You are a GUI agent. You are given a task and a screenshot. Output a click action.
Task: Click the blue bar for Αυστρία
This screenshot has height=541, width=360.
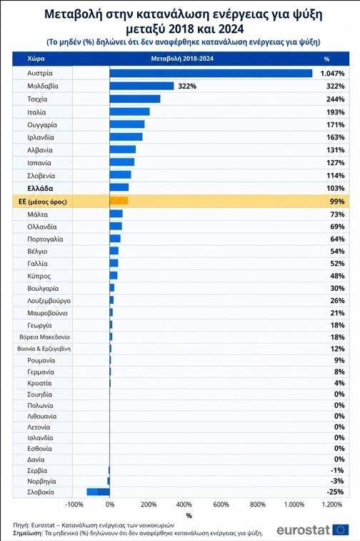coord(211,73)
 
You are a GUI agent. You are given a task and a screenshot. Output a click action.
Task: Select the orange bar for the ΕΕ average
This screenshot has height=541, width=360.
coord(119,201)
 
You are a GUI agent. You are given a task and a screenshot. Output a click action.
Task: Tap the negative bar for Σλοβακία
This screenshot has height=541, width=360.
coord(99,492)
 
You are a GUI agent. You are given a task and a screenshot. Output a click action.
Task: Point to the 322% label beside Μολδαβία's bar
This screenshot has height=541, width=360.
coord(187,86)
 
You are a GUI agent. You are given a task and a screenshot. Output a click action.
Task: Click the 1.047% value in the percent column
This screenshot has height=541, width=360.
coord(332,73)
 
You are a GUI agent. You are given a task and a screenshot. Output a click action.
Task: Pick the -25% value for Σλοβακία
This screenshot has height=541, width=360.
coord(336,492)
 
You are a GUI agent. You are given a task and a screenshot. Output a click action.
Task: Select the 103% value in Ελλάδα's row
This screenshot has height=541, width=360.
coord(336,189)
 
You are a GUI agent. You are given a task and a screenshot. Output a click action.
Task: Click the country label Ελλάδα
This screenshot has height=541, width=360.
coord(40,189)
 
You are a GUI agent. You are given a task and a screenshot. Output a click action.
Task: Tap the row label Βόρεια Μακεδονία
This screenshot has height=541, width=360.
coord(44,337)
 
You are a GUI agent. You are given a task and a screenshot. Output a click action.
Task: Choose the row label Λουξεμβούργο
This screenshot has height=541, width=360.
coord(49,301)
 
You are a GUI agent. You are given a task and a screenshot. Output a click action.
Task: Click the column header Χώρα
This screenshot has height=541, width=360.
coord(36,59)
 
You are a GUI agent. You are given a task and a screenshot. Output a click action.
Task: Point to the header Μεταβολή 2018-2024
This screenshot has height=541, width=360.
coord(182,59)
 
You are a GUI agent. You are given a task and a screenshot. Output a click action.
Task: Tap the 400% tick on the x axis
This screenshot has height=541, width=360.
coord(184,505)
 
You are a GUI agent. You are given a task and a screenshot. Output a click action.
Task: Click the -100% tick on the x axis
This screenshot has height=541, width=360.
coord(74,505)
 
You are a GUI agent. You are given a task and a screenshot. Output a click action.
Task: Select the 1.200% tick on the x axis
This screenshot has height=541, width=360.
coord(331,505)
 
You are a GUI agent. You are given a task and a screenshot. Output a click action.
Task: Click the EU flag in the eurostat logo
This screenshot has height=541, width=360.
coord(341,530)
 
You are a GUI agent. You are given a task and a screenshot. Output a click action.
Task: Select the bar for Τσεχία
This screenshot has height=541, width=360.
coord(135,99)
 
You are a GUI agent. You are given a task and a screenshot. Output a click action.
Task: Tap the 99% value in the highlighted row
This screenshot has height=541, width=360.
coord(337,201)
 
